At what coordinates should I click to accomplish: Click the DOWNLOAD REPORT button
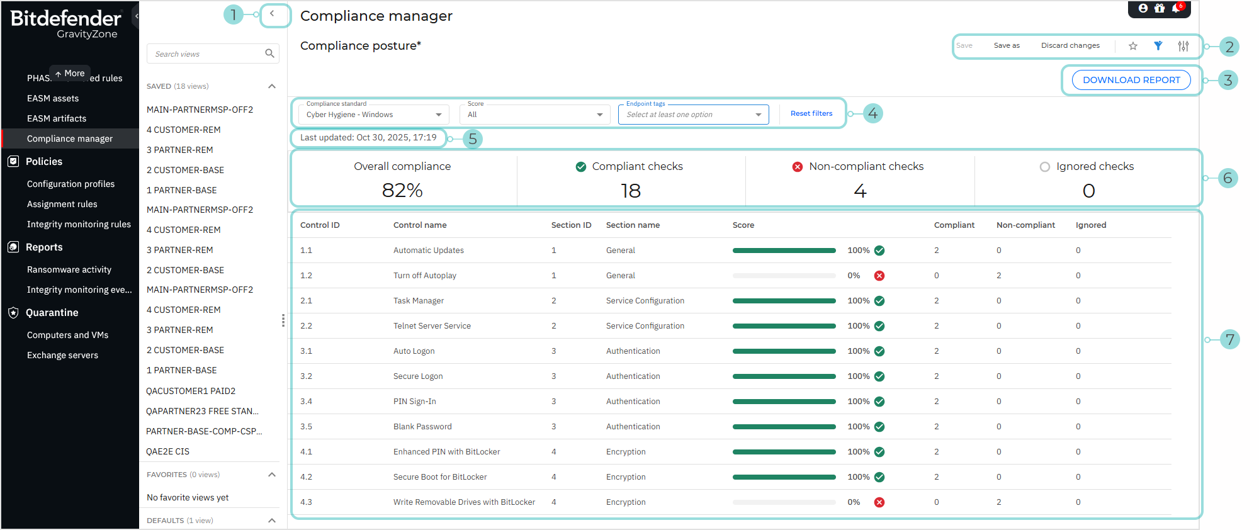click(1131, 80)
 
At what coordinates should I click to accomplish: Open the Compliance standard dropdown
click(373, 115)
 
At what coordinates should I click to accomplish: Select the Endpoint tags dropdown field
click(692, 115)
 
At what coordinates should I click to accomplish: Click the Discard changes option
click(1070, 45)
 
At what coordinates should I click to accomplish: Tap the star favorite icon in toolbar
click(1132, 46)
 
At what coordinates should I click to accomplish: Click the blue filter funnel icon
click(1158, 45)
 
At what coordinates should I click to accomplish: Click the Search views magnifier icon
click(269, 54)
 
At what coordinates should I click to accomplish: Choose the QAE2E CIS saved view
click(167, 451)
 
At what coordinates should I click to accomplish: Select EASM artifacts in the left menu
click(57, 118)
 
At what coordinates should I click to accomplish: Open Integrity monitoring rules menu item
click(79, 224)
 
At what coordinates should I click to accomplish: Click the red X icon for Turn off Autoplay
click(879, 276)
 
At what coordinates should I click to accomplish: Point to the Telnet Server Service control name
click(432, 326)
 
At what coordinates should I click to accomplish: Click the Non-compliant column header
click(1025, 225)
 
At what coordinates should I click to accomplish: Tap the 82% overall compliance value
click(402, 190)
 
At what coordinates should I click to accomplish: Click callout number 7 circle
click(1229, 339)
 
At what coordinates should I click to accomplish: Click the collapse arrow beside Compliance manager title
click(272, 14)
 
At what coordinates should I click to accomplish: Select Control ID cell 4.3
click(306, 502)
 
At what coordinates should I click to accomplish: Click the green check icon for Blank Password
click(879, 427)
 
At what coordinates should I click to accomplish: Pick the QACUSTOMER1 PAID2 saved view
click(191, 391)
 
